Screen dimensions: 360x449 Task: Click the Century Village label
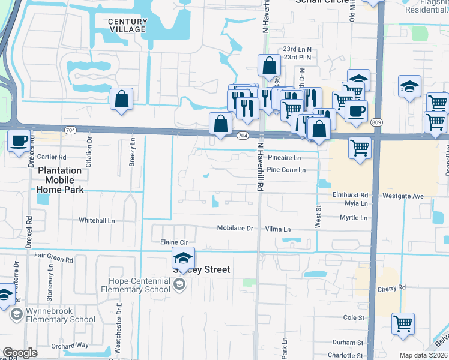127,25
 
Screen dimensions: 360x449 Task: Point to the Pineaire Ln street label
284,158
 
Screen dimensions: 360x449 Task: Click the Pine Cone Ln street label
286,170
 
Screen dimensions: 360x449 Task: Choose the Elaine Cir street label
174,242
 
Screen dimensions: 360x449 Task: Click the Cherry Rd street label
392,288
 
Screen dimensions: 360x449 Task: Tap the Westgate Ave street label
403,196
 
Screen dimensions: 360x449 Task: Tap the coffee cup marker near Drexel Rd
19,140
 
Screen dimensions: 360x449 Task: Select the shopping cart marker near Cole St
403,323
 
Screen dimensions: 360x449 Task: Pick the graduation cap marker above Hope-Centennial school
183,258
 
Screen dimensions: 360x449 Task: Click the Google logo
19,353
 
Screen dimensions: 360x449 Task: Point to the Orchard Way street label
70,346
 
